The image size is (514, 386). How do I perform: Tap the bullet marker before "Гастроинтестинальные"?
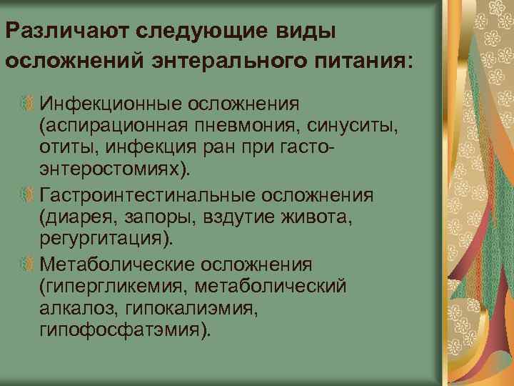point(27,194)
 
